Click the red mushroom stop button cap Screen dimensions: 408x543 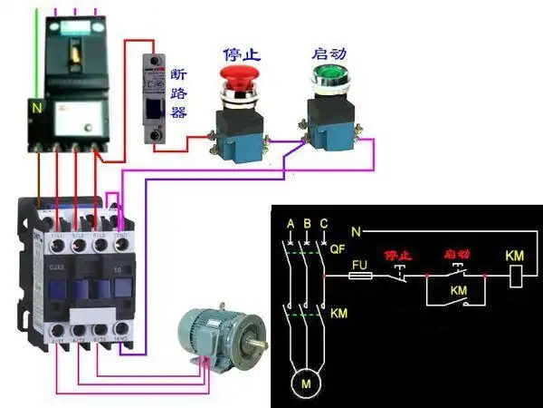[240, 76]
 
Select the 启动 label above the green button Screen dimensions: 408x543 [329, 53]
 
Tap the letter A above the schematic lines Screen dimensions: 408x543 [291, 223]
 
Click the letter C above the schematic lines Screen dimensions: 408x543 [323, 223]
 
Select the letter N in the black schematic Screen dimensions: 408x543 [357, 232]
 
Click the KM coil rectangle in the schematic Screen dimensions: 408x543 [515, 276]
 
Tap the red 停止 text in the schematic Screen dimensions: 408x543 [398, 256]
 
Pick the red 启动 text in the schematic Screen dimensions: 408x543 [458, 256]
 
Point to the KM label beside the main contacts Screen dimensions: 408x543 [339, 314]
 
